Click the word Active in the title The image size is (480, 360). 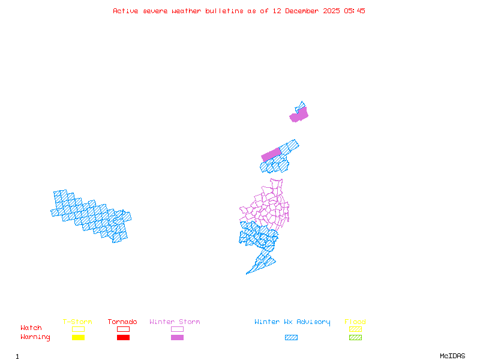tap(125, 11)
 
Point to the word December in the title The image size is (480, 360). tap(305, 11)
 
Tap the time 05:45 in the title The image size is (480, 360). tap(354, 11)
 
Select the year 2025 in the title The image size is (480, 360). tap(332, 11)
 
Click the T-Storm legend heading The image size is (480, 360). tap(77, 322)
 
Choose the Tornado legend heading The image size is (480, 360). tap(122, 322)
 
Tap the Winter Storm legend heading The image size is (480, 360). tap(175, 322)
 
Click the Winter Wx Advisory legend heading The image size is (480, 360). tap(292, 322)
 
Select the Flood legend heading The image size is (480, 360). tap(355, 322)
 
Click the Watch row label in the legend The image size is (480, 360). tap(31, 328)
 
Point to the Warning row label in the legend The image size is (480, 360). tap(35, 337)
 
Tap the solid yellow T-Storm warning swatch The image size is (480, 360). tap(78, 338)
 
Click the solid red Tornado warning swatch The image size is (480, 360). tap(123, 338)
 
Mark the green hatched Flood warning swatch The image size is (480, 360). tap(355, 338)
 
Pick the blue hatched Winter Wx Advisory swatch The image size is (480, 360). tap(291, 338)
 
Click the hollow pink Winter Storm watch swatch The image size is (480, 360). tap(177, 329)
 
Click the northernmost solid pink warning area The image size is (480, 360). tap(299, 115)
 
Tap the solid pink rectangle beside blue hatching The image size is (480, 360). tap(271, 154)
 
